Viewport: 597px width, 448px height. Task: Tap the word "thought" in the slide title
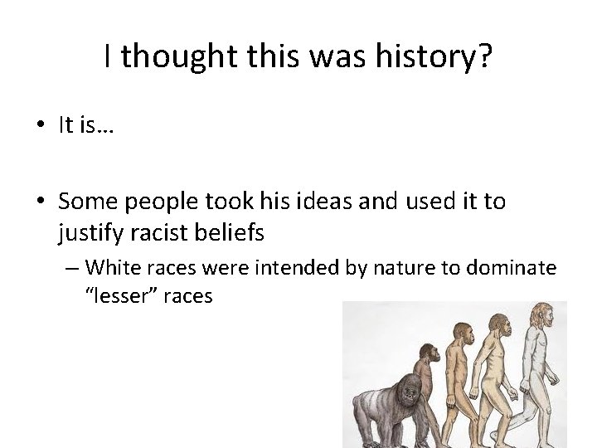pos(170,56)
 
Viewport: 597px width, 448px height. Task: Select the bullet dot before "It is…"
pos(41,126)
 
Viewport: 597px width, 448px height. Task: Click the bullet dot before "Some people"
pos(41,202)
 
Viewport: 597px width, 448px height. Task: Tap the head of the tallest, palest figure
pos(541,314)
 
